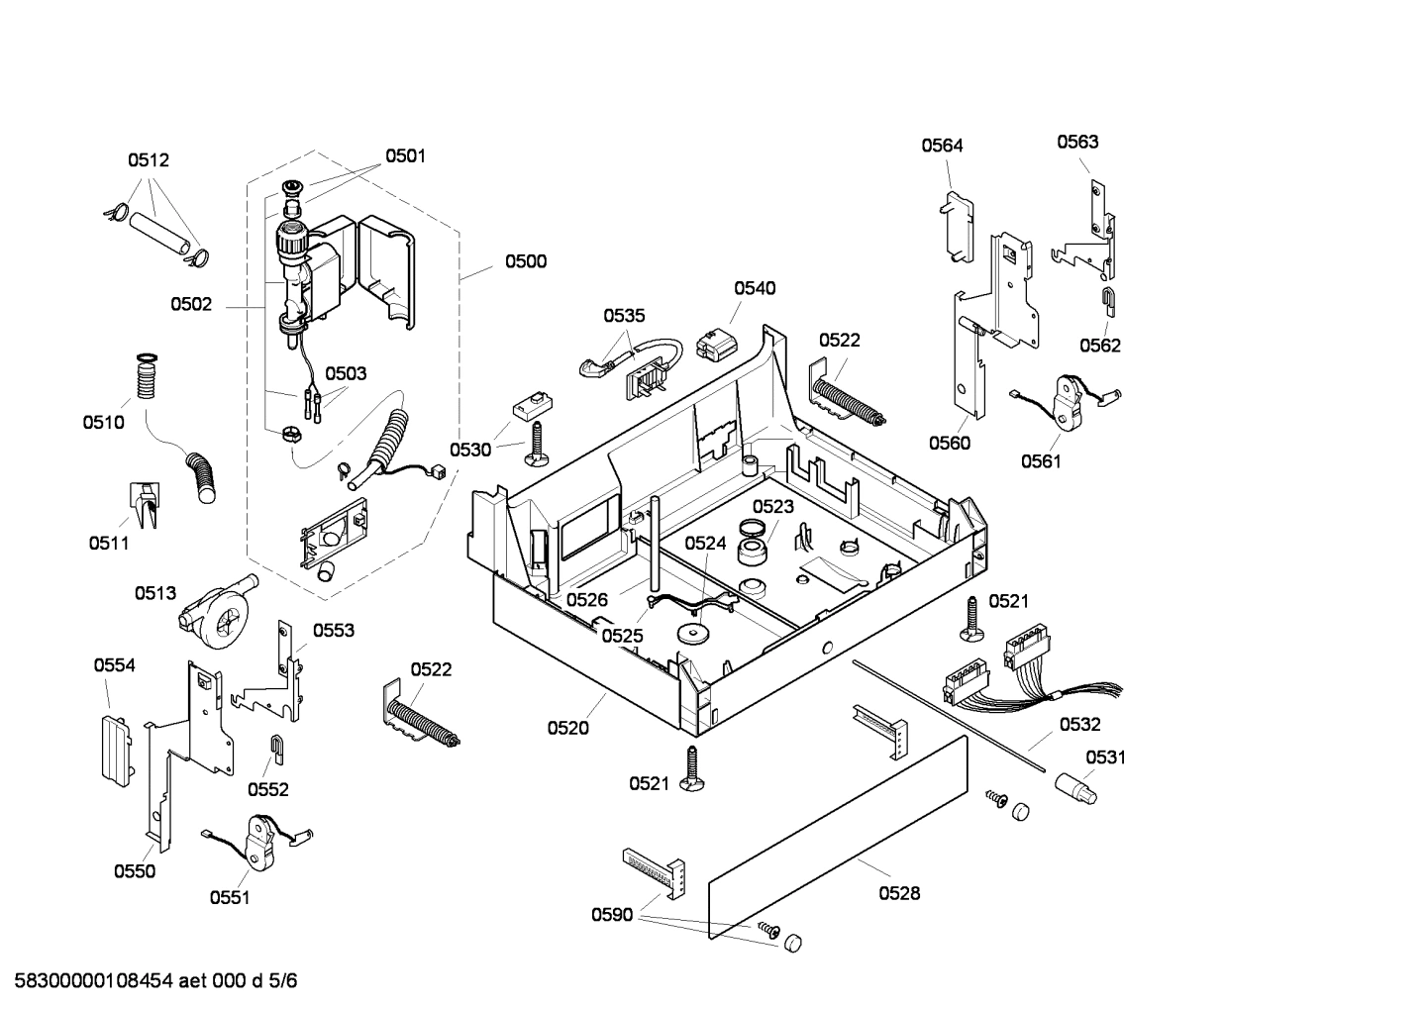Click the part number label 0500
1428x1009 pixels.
coord(525,261)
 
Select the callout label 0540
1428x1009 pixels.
coord(755,288)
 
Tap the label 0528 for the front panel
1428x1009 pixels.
coord(899,893)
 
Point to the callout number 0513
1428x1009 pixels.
coord(155,593)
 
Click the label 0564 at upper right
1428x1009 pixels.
coord(942,146)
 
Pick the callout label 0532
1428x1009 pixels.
coord(1079,725)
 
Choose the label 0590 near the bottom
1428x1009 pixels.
coord(612,915)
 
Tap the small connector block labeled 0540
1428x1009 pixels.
coord(716,344)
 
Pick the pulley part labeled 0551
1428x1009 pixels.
coord(261,840)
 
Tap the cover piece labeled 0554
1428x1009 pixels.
coord(115,747)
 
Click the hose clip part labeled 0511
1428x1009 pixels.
coord(144,503)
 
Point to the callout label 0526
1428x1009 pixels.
coord(587,599)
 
